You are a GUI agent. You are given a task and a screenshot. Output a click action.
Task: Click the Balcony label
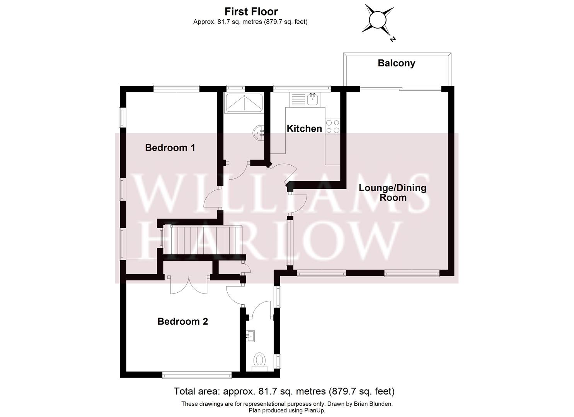pyautogui.click(x=396, y=63)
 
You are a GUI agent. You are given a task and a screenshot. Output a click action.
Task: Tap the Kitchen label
pyautogui.click(x=304, y=129)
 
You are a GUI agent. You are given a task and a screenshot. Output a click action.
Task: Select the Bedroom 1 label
pyautogui.click(x=170, y=147)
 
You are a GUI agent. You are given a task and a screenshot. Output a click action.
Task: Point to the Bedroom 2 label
pyautogui.click(x=182, y=321)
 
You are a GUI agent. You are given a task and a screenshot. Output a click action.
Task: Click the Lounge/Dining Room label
pyautogui.click(x=392, y=193)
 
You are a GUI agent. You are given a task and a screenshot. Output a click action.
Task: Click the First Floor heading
pyautogui.click(x=251, y=12)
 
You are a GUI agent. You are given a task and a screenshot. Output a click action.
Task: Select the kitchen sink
pyautogui.click(x=312, y=99)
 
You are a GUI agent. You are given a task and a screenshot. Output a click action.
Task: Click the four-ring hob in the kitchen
pyautogui.click(x=333, y=126)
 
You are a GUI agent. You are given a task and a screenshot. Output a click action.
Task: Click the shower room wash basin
pyautogui.click(x=258, y=133)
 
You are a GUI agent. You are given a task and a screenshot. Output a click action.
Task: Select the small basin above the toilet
pyautogui.click(x=250, y=335)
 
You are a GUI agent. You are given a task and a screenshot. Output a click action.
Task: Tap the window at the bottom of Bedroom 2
pyautogui.click(x=197, y=374)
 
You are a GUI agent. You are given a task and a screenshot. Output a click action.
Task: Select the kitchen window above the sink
pyautogui.click(x=302, y=88)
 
